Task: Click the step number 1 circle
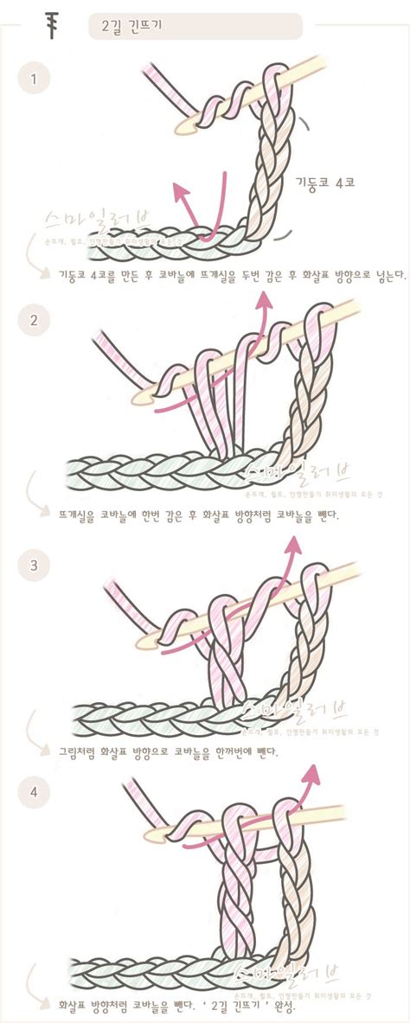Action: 34,80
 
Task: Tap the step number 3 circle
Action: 34,566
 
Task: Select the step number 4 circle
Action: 34,790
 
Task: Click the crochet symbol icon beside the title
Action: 51,26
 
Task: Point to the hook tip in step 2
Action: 137,395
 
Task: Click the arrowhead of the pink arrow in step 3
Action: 295,544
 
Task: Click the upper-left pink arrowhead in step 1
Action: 178,187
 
